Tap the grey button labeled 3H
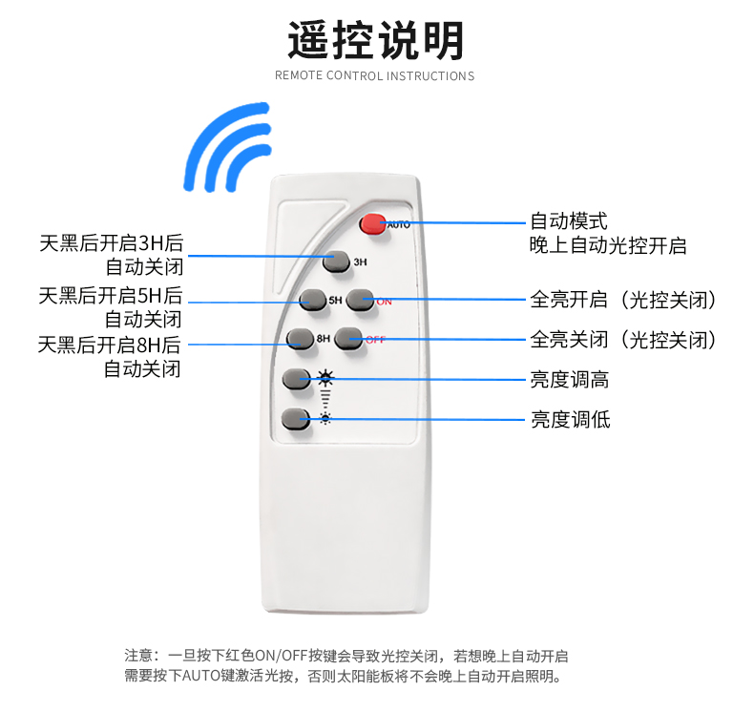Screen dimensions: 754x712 coord(336,262)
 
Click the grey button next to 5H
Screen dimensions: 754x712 coord(312,300)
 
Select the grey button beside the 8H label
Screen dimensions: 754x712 coord(301,339)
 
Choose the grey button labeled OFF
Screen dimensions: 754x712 coord(348,339)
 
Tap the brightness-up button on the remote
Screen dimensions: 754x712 coord(297,379)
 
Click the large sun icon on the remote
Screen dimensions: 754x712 coord(326,378)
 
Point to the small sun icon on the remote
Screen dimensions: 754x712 coord(325,419)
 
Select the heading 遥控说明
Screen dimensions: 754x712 coord(375,40)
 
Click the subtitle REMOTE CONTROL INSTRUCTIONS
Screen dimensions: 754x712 coord(374,76)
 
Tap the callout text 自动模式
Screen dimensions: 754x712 coord(569,221)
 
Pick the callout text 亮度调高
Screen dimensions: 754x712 coord(570,380)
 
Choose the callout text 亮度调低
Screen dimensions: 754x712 coord(571,420)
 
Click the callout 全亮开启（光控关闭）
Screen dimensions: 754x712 coord(623,300)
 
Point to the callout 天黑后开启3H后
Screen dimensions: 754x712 coord(112,243)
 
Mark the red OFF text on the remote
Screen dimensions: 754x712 coord(375,340)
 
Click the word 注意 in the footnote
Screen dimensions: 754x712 coord(139,656)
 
